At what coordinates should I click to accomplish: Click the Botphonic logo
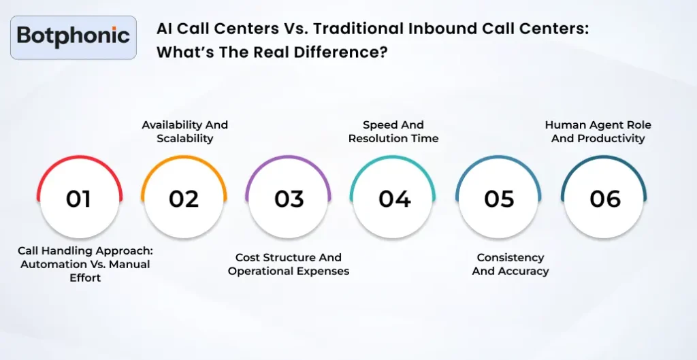(x=74, y=35)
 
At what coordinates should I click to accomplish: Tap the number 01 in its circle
(x=79, y=199)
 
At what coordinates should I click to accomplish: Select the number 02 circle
(x=184, y=199)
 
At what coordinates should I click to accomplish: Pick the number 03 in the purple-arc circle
(x=289, y=199)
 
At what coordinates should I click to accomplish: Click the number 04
(x=394, y=199)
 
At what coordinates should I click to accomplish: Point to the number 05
(x=499, y=199)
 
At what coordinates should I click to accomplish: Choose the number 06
(x=604, y=199)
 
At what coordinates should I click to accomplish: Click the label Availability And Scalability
(x=184, y=131)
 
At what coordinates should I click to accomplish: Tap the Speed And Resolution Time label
(x=393, y=131)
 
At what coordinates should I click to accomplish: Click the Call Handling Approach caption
(x=84, y=264)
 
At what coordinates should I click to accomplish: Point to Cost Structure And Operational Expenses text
(x=289, y=264)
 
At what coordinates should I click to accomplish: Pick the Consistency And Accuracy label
(x=510, y=264)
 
